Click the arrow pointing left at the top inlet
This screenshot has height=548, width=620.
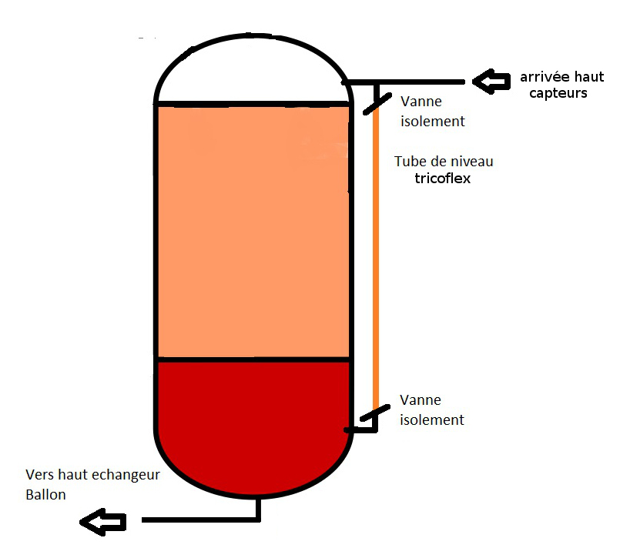[491, 80]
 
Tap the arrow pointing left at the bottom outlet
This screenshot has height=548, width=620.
[102, 523]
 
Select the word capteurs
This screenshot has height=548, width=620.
[558, 93]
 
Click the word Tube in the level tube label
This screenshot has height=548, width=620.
[409, 162]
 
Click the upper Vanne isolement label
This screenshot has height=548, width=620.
[432, 112]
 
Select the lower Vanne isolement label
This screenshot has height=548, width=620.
[432, 410]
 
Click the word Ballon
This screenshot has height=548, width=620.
[45, 495]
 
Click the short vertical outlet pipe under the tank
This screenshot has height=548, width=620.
[259, 508]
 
